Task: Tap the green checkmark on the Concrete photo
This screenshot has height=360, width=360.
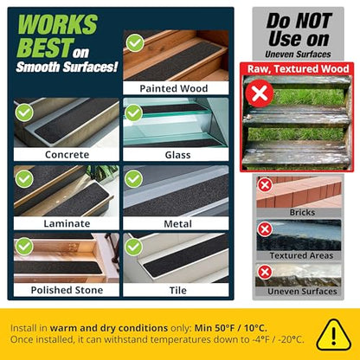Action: tap(24, 112)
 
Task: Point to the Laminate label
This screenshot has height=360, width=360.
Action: tap(67, 222)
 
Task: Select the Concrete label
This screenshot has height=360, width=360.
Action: tap(67, 155)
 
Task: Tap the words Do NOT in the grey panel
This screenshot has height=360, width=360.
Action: tap(298, 19)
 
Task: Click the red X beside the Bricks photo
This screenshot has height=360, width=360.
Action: tap(266, 184)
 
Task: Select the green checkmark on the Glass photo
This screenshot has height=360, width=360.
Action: tap(134, 112)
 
